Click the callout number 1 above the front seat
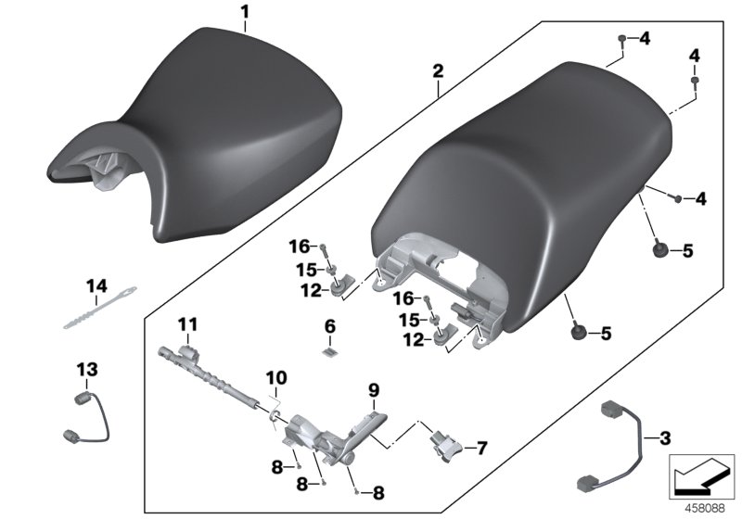pyautogui.click(x=245, y=13)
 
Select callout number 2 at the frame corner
pyautogui.click(x=438, y=70)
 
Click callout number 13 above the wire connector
pyautogui.click(x=86, y=370)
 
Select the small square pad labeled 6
pyautogui.click(x=329, y=350)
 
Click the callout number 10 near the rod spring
pyautogui.click(x=276, y=378)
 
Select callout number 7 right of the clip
pyautogui.click(x=480, y=448)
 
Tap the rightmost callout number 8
pyautogui.click(x=377, y=492)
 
